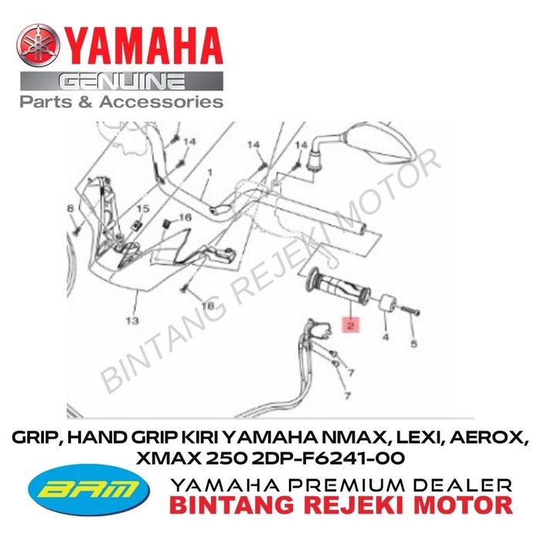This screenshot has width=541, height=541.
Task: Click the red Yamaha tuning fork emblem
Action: pyautogui.click(x=38, y=45)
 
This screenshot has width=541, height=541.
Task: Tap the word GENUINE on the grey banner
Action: pyautogui.click(x=121, y=81)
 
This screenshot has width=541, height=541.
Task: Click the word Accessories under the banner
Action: pyautogui.click(x=162, y=102)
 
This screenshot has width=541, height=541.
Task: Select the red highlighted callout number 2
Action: pyautogui.click(x=351, y=325)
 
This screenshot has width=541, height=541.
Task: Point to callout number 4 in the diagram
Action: pyautogui.click(x=386, y=336)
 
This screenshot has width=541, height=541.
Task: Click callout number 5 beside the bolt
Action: pyautogui.click(x=413, y=343)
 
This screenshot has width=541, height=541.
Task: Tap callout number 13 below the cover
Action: pyautogui.click(x=132, y=321)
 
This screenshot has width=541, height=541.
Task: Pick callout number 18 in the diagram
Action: pyautogui.click(x=208, y=305)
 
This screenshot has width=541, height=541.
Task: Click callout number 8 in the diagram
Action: pyautogui.click(x=70, y=209)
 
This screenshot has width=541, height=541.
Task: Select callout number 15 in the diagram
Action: pyautogui.click(x=143, y=209)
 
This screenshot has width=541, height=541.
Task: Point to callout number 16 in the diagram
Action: pyautogui.click(x=185, y=217)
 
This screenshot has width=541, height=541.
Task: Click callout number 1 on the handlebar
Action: pyautogui.click(x=209, y=172)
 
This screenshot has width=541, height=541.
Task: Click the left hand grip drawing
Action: pyautogui.click(x=338, y=285)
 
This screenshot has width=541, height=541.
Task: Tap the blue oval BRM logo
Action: pyautogui.click(x=88, y=490)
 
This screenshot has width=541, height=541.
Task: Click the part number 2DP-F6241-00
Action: pyautogui.click(x=328, y=458)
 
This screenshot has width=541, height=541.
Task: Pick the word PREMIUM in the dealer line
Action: pyautogui.click(x=349, y=485)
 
